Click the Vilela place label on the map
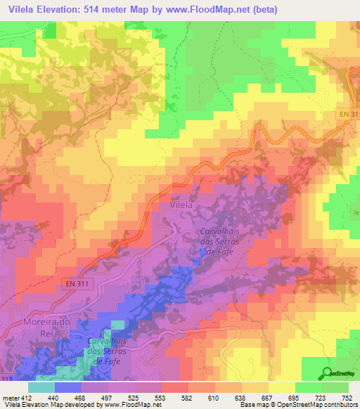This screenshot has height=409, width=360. [181, 206]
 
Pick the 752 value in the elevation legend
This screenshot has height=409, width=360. [347, 397]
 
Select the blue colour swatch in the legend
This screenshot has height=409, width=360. [68, 387]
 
